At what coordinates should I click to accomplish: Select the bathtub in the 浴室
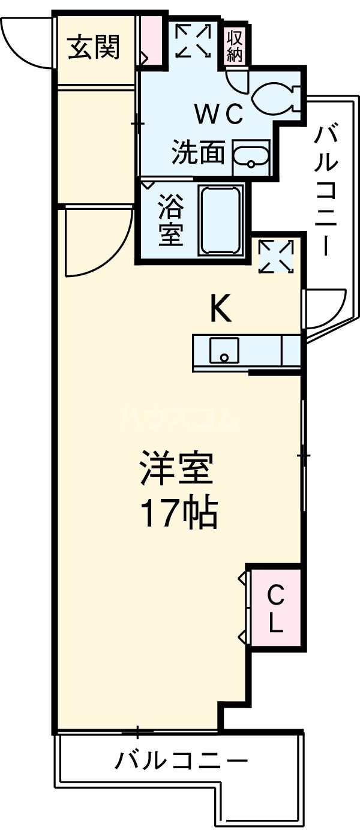click(x=221, y=220)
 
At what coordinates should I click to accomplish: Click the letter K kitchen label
click(x=220, y=311)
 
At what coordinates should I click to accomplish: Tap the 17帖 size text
click(x=178, y=513)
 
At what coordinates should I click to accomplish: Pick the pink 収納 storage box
click(x=235, y=46)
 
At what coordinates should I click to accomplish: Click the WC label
click(x=217, y=113)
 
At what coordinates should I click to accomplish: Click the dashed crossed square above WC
click(x=193, y=41)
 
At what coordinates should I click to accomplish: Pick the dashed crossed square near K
click(x=276, y=256)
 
